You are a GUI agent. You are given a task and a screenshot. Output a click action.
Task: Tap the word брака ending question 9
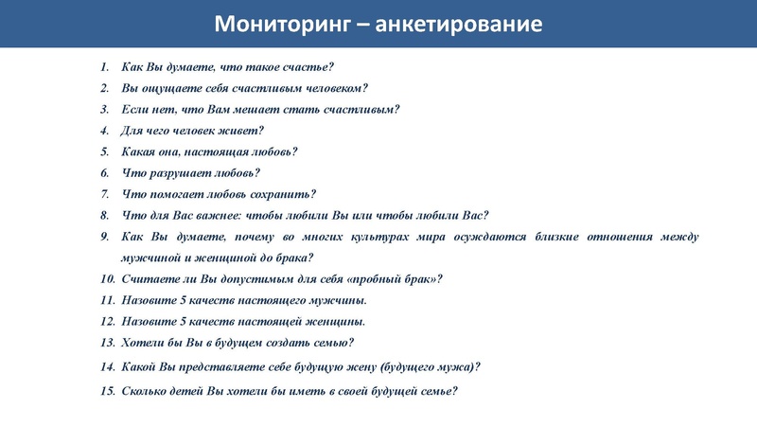pyautogui.click(x=291, y=257)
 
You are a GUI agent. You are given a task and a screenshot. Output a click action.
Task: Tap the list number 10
pyautogui.click(x=107, y=279)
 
